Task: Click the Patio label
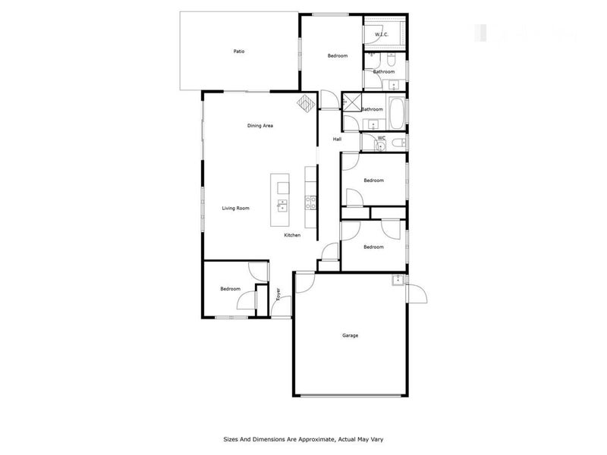pos(238,52)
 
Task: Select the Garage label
pos(350,335)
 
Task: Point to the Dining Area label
pos(259,125)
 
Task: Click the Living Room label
pos(235,208)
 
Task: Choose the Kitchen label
pos(292,235)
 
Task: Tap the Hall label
pos(338,139)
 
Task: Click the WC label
pos(381,138)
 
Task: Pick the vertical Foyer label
pos(278,294)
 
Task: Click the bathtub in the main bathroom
pos(396,111)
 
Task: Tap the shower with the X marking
pos(352,102)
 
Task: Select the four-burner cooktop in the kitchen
pos(310,202)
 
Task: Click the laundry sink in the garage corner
pos(398,281)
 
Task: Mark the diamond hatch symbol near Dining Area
pos(304,103)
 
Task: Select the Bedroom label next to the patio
pos(337,56)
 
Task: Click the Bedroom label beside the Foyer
pos(230,289)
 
